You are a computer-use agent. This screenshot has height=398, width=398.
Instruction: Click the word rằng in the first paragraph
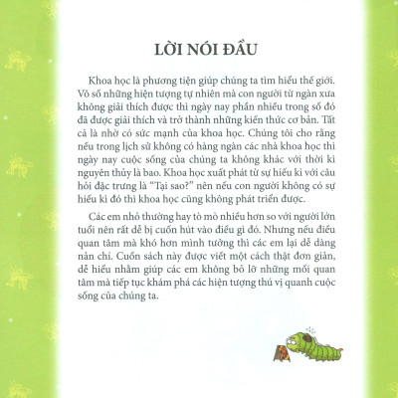314,143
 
